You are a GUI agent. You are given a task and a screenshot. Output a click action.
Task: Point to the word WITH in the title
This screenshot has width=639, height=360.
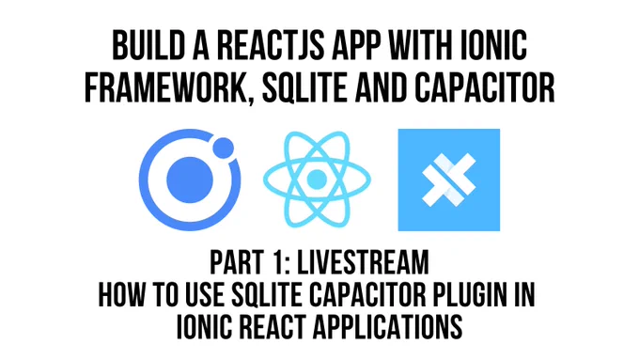421,46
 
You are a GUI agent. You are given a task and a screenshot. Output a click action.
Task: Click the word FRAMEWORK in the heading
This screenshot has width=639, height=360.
166,87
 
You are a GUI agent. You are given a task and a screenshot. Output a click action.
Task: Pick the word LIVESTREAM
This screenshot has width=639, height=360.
363,262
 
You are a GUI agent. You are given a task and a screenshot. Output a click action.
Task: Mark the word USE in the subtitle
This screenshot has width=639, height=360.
205,294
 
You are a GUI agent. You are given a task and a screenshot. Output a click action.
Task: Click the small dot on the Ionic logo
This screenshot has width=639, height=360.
224,148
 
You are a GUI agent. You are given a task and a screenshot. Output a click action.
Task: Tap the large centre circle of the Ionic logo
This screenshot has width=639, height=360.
190,180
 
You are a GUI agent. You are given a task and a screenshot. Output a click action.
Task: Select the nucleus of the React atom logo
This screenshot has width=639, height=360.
317,180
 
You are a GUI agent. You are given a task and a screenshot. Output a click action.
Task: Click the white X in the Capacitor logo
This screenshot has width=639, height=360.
448,180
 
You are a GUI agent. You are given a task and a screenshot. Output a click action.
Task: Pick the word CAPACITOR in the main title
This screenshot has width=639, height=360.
485,87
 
